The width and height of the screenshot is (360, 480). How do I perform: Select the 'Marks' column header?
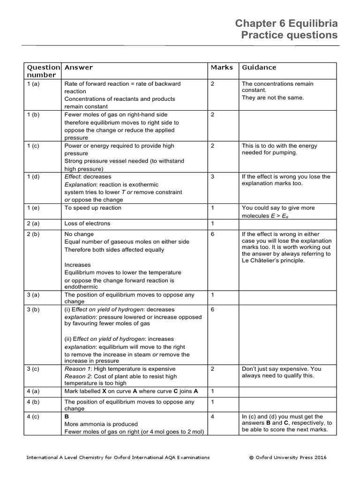click(222, 67)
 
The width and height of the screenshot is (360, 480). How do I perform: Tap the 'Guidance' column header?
click(259, 67)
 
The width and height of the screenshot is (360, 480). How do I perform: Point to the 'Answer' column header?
click(78, 67)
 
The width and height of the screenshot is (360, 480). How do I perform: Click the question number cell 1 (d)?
click(35, 177)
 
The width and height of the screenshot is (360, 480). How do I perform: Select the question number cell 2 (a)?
click(35, 224)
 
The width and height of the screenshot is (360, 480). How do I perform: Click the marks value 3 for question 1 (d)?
click(213, 177)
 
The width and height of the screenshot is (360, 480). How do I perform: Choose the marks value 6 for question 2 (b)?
click(213, 234)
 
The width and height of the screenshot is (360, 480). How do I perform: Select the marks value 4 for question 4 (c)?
click(213, 416)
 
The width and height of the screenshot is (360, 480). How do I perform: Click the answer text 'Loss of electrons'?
click(87, 224)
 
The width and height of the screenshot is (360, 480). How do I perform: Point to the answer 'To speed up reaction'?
click(93, 208)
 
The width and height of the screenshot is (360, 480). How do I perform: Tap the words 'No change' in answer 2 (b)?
click(79, 234)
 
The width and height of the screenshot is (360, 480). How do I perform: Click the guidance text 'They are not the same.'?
click(273, 97)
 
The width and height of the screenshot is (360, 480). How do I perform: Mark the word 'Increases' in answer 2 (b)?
click(77, 265)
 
